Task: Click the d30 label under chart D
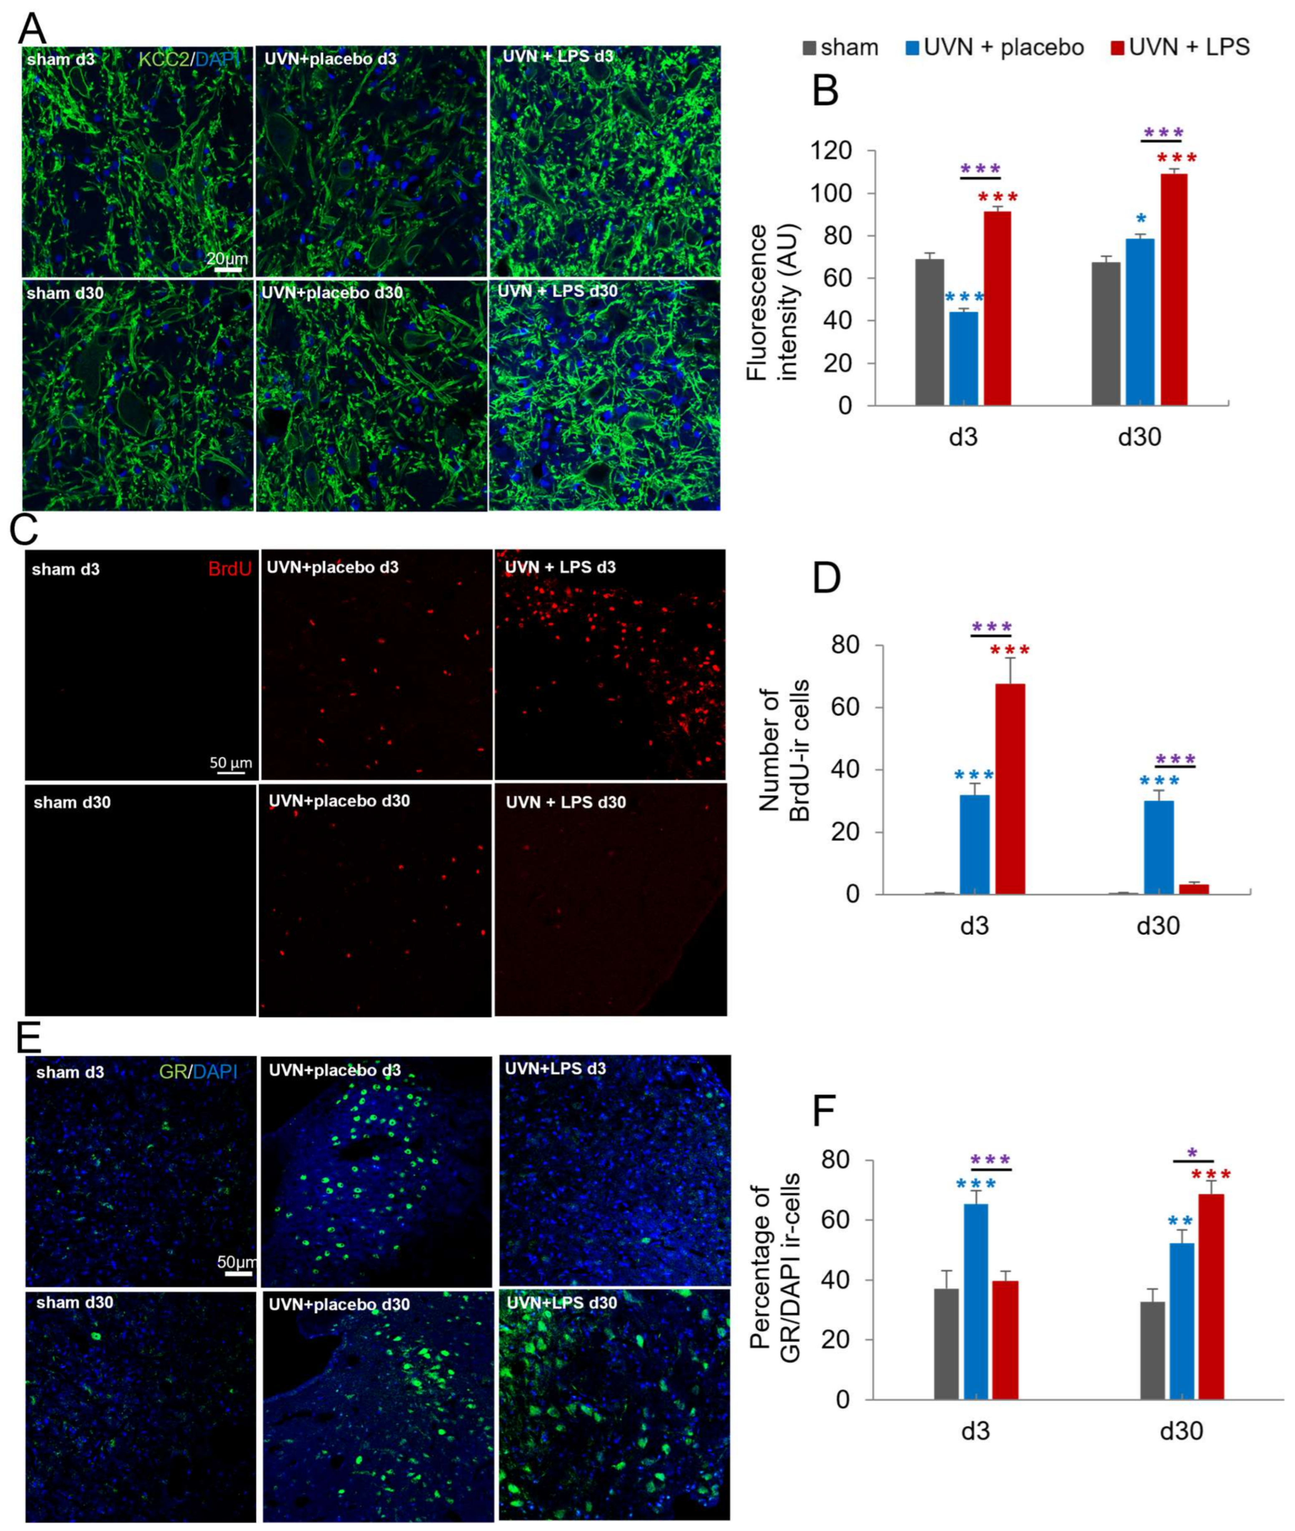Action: click(1158, 926)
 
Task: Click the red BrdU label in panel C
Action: click(230, 569)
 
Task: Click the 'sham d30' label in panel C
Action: click(72, 802)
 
